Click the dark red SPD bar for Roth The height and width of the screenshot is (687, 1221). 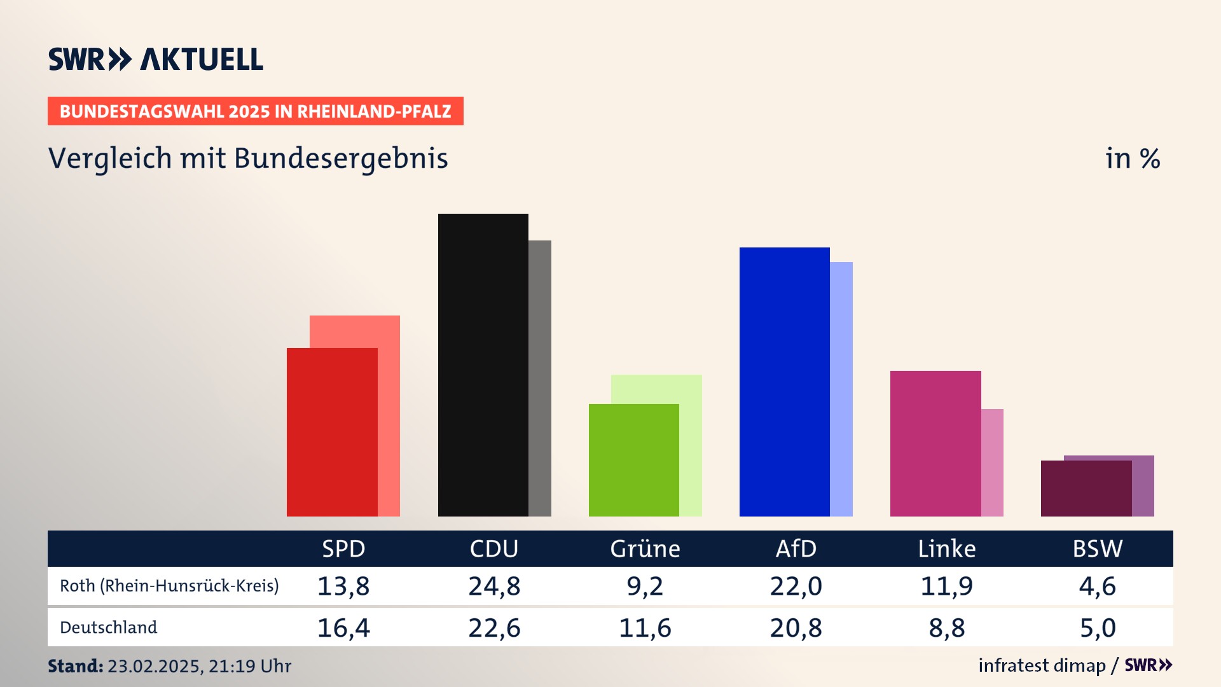pyautogui.click(x=332, y=433)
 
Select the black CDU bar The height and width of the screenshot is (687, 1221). pyautogui.click(x=483, y=365)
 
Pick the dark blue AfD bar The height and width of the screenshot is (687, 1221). pyautogui.click(x=784, y=382)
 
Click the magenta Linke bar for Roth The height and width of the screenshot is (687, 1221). pyautogui.click(x=935, y=443)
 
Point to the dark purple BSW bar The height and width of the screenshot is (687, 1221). pyautogui.click(x=1086, y=489)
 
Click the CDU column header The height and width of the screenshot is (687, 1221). pyautogui.click(x=494, y=549)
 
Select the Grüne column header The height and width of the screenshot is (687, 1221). pyautogui.click(x=645, y=549)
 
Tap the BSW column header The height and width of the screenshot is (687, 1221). pyautogui.click(x=1098, y=549)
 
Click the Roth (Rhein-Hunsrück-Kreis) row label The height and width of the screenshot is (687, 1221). pyautogui.click(x=169, y=586)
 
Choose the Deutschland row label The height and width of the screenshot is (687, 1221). pyautogui.click(x=108, y=628)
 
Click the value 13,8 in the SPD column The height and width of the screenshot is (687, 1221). pyautogui.click(x=343, y=586)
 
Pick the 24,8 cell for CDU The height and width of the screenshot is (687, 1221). pyautogui.click(x=494, y=586)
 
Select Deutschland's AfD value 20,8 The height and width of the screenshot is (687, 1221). pyautogui.click(x=796, y=628)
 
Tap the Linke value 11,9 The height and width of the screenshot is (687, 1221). pyautogui.click(x=946, y=586)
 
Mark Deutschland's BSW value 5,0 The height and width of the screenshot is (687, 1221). pyautogui.click(x=1098, y=628)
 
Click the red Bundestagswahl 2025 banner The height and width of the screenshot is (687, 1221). pyautogui.click(x=255, y=111)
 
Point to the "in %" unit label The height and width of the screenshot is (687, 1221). pyautogui.click(x=1132, y=158)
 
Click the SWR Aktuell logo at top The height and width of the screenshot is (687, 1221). pyautogui.click(x=156, y=59)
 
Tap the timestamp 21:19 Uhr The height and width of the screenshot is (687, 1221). pyautogui.click(x=249, y=666)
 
